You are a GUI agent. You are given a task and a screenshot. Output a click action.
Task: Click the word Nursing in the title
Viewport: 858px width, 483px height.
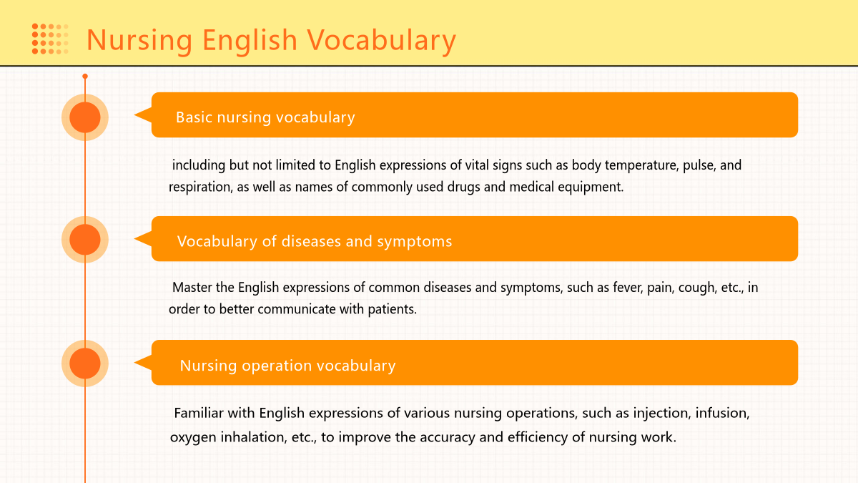(139, 41)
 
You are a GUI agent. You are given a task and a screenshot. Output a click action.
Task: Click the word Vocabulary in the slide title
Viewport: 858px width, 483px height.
(382, 41)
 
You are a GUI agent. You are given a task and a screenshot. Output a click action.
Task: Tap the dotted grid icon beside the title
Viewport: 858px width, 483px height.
(50, 39)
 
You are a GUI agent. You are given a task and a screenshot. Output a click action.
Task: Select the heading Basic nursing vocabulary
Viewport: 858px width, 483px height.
(265, 117)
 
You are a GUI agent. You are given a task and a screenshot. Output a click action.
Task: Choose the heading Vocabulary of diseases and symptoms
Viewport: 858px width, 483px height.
(315, 242)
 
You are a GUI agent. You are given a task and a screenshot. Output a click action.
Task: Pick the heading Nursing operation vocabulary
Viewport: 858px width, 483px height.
(287, 366)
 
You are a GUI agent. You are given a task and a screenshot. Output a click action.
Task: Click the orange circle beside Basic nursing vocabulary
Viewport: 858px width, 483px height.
(85, 117)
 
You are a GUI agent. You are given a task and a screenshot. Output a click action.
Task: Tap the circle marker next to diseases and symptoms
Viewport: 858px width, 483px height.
(85, 240)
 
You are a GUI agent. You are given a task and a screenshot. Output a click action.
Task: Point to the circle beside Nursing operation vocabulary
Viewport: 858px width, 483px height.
(85, 364)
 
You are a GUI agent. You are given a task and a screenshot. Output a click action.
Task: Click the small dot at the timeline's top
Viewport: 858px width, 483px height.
(85, 77)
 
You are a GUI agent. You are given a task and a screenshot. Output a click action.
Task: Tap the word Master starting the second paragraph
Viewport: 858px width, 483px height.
(192, 288)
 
